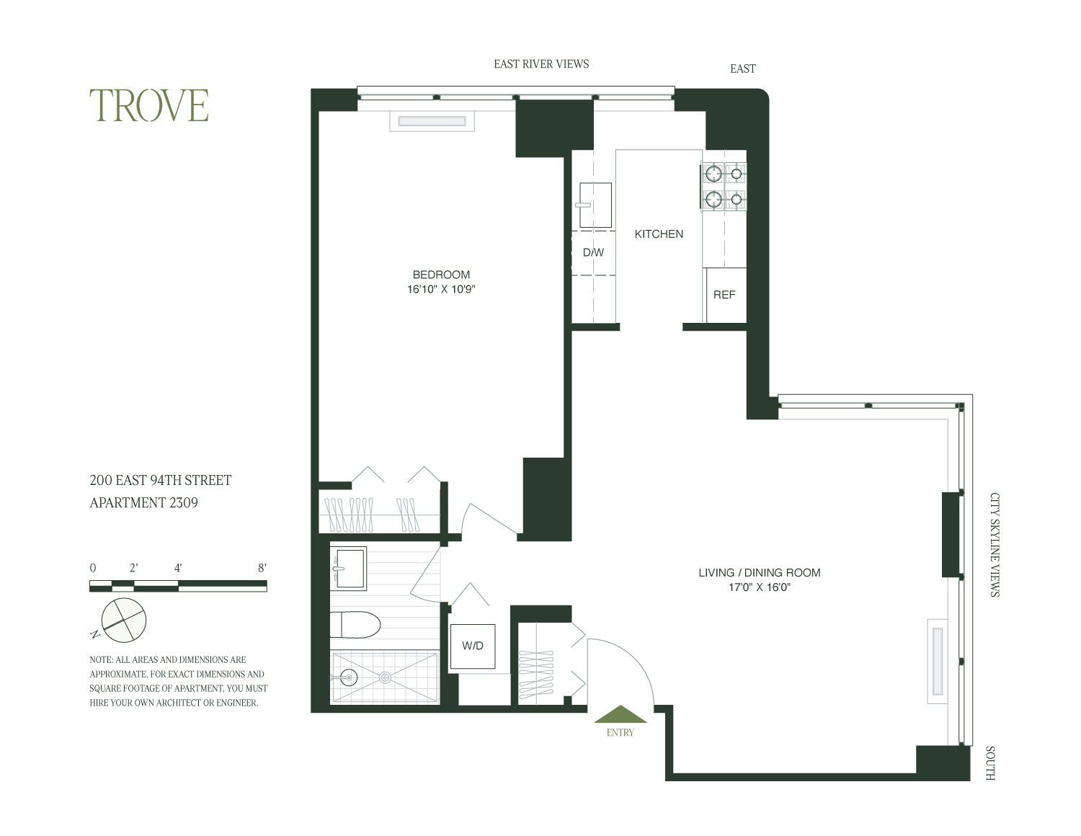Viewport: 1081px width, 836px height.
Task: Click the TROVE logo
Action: pos(149,105)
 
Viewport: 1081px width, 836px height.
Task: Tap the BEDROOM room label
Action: pos(441,275)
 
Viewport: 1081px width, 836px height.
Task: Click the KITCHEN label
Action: pos(659,234)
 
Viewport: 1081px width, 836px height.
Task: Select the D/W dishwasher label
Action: pos(593,253)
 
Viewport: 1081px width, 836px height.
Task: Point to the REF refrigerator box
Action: pos(725,295)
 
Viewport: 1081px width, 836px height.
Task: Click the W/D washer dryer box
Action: pos(473,646)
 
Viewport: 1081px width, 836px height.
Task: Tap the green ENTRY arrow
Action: pos(620,714)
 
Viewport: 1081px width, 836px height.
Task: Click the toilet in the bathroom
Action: pos(356,625)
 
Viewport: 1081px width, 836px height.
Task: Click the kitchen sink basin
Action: pos(595,205)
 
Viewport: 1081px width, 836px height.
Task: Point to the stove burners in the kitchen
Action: pos(724,187)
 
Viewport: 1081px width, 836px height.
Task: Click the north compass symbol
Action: pos(123,619)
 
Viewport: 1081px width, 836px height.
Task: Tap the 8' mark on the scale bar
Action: pos(262,568)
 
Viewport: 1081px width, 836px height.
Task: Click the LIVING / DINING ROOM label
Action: pos(760,573)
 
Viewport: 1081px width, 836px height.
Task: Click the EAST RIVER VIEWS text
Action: pos(541,64)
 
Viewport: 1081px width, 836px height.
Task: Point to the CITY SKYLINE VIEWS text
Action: pos(995,545)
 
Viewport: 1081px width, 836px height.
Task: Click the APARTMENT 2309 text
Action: pos(143,503)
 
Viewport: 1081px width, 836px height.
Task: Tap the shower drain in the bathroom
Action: pos(385,677)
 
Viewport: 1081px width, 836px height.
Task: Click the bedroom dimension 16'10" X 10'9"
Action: pos(441,290)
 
